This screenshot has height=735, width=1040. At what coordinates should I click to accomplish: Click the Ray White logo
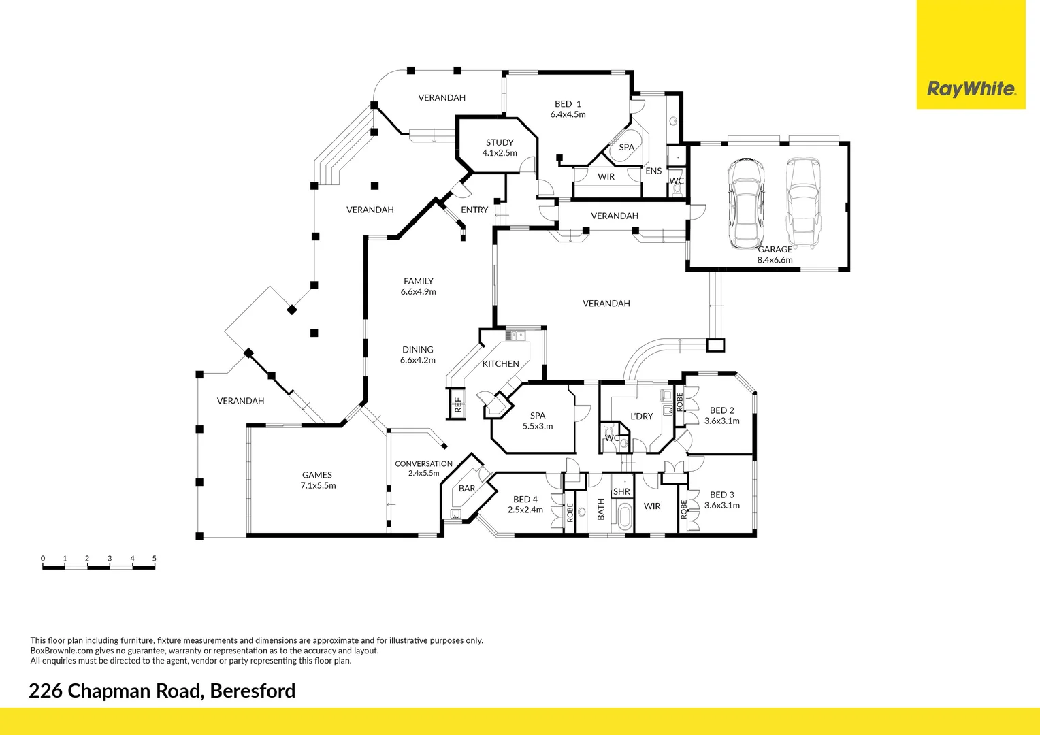(x=971, y=88)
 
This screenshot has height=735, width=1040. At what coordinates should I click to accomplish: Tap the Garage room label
(x=775, y=250)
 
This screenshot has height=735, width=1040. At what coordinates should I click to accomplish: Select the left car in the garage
(x=745, y=203)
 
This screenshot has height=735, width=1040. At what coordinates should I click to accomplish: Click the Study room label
(x=500, y=143)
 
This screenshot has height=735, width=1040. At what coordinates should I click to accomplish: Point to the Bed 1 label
(x=568, y=104)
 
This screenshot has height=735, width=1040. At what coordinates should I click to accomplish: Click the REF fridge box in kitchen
(x=457, y=404)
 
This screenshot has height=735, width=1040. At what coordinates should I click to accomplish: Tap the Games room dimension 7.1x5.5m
(x=318, y=486)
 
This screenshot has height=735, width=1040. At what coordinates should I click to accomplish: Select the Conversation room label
(x=423, y=464)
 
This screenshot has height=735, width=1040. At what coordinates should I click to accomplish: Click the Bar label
(x=467, y=489)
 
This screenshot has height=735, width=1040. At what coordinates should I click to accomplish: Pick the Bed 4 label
(x=525, y=500)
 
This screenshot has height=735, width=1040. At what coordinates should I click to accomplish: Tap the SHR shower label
(x=621, y=492)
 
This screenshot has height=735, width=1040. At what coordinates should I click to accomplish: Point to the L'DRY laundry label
(x=641, y=416)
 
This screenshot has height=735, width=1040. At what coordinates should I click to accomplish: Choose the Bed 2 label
(x=721, y=410)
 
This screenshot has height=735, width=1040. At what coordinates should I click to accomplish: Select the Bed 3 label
(x=721, y=495)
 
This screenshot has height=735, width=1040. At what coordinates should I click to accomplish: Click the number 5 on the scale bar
(x=155, y=559)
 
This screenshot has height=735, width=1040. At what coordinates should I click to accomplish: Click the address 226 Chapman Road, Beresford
(x=162, y=691)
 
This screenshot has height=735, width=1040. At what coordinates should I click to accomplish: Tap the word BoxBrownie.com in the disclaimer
(x=61, y=651)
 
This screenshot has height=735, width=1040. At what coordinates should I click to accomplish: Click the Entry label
(x=474, y=210)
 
